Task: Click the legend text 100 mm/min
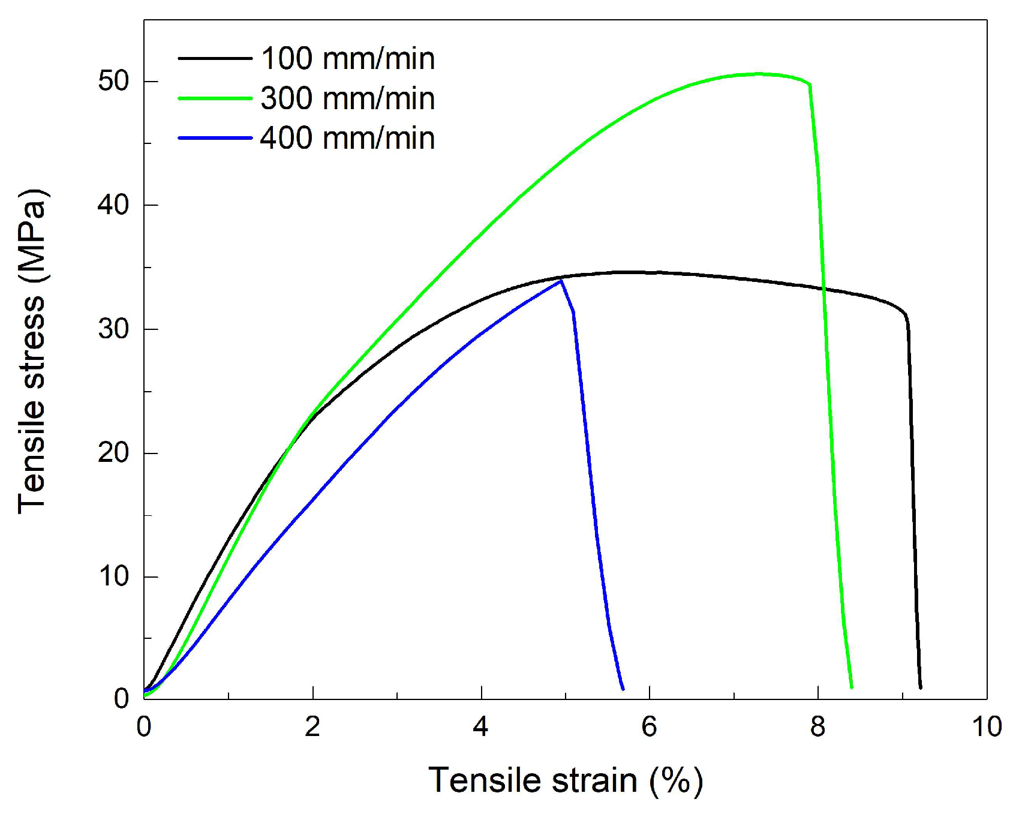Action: pyautogui.click(x=348, y=59)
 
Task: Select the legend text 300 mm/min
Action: pyautogui.click(x=348, y=98)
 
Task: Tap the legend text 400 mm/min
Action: pyautogui.click(x=348, y=139)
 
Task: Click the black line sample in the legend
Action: pyautogui.click(x=215, y=58)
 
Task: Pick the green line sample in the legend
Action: pyautogui.click(x=215, y=98)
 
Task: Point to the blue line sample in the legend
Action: pyautogui.click(x=215, y=139)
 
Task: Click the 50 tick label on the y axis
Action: pyautogui.click(x=114, y=81)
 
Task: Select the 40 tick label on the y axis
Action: pyautogui.click(x=114, y=205)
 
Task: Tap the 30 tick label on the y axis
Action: pyautogui.click(x=114, y=329)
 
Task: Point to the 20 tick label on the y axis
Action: pyautogui.click(x=114, y=452)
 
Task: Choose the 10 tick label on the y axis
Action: pyautogui.click(x=114, y=576)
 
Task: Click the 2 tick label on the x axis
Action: pyautogui.click(x=312, y=727)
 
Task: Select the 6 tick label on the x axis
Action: pyautogui.click(x=650, y=727)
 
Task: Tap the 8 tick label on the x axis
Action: pyautogui.click(x=818, y=727)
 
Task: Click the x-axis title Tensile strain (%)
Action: pyautogui.click(x=566, y=781)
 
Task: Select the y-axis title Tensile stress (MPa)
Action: pyautogui.click(x=32, y=352)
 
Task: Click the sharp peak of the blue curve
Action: pyautogui.click(x=561, y=281)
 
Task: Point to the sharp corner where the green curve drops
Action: pyautogui.click(x=810, y=85)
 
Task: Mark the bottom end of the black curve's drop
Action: pyautogui.click(x=920, y=687)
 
